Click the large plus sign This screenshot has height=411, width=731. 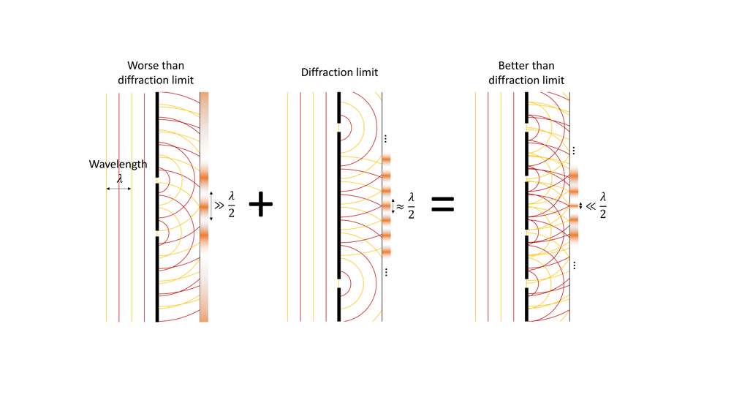(x=260, y=205)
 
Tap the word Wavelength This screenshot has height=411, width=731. (x=118, y=164)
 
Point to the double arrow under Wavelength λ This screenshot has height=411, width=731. (x=118, y=189)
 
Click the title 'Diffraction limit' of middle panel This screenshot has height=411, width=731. (x=339, y=72)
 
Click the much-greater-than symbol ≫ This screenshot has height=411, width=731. (x=221, y=206)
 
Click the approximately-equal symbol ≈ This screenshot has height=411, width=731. (x=400, y=206)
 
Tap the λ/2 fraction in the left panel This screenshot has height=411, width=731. (x=232, y=205)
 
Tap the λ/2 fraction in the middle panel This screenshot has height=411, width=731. (x=411, y=205)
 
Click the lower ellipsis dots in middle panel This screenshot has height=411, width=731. (x=385, y=272)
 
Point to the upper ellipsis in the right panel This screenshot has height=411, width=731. (x=575, y=151)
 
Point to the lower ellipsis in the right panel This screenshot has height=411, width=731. (x=575, y=265)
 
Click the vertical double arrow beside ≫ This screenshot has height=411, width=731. (x=212, y=206)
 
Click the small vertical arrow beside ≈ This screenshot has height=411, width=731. (x=393, y=206)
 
